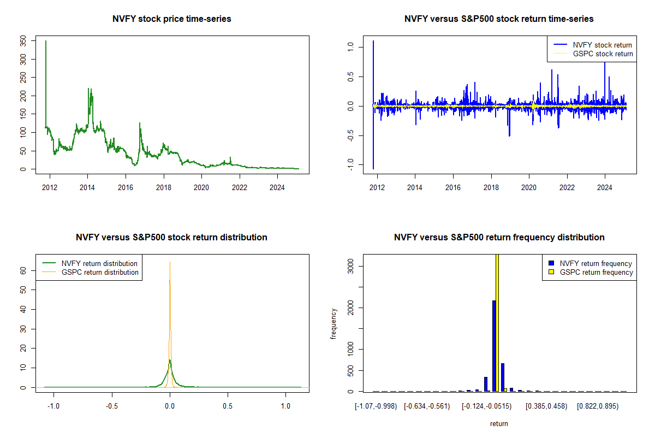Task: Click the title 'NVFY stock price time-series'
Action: coord(171,19)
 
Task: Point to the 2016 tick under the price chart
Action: coord(126,185)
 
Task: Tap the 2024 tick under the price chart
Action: coord(277,185)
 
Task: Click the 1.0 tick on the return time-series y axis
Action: coord(351,48)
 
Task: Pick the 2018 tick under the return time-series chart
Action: coord(491,185)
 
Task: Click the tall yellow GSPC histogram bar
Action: coord(497,322)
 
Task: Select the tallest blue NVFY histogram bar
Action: coord(494,345)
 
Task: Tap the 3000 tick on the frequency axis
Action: coord(351,266)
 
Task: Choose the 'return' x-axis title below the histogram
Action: coord(499,423)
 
